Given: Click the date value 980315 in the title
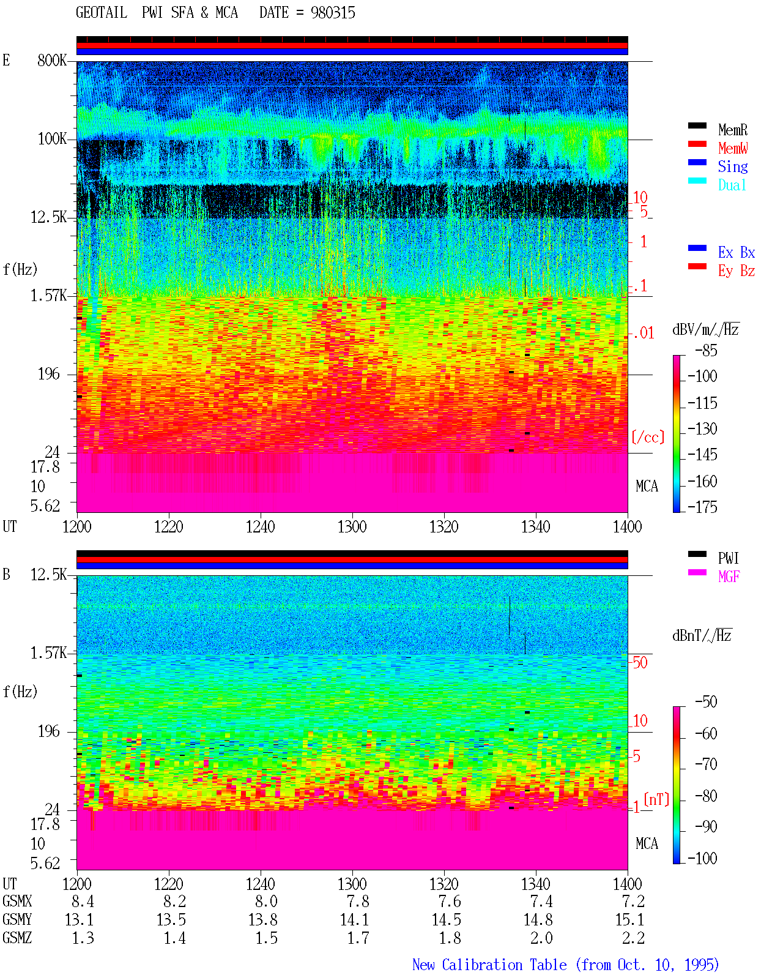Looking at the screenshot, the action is [333, 13].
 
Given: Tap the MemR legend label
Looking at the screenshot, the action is [733, 130].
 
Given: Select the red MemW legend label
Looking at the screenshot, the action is [733, 148].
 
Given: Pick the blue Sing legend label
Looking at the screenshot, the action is [733, 166].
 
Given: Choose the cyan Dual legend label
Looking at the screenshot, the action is [732, 185].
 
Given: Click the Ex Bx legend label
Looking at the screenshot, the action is [737, 252].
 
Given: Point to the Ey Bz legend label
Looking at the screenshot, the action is [737, 271].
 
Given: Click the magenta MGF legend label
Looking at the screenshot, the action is [729, 577].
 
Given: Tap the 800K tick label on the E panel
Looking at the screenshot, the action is [52, 60].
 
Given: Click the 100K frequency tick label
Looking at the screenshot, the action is [52, 139].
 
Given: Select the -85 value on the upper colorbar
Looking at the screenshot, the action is [706, 350].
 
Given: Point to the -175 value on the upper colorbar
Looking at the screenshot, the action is [702, 507].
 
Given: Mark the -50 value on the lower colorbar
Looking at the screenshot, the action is [706, 702].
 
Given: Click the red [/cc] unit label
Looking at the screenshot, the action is [648, 437].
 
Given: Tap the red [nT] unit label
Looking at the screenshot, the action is [656, 799].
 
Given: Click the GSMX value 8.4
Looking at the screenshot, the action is [83, 902].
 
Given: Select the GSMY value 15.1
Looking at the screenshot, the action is [629, 920].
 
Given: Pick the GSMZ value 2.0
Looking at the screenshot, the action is [541, 938].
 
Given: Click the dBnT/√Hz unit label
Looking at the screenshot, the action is [702, 635].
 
